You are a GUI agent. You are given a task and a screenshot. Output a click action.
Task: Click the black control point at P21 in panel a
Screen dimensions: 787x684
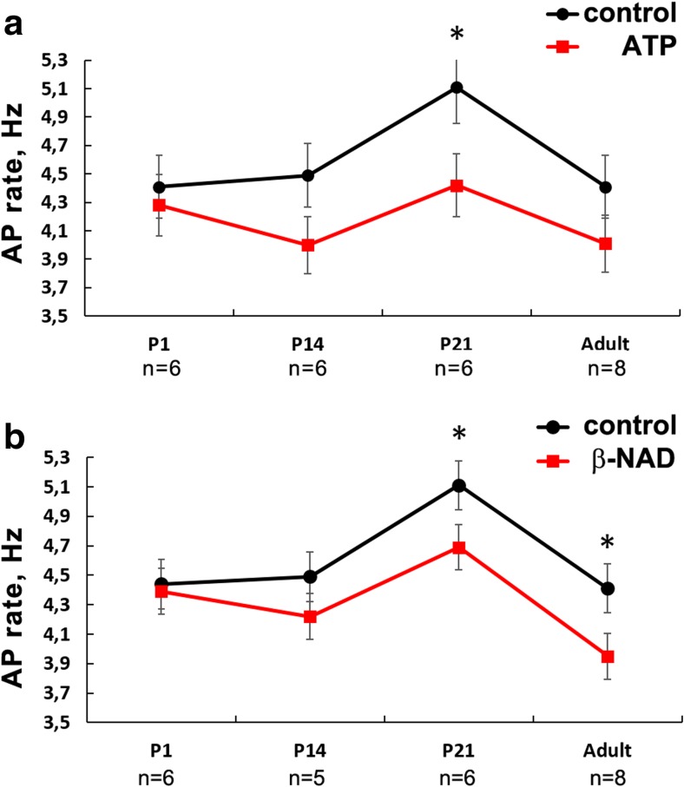click(x=457, y=88)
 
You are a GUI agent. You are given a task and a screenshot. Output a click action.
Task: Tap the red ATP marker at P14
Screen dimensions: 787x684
click(x=306, y=245)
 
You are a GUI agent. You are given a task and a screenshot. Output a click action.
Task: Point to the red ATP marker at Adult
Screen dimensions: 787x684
click(x=606, y=244)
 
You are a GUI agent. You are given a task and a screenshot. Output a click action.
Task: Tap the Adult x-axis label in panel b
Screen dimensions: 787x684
click(x=606, y=748)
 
